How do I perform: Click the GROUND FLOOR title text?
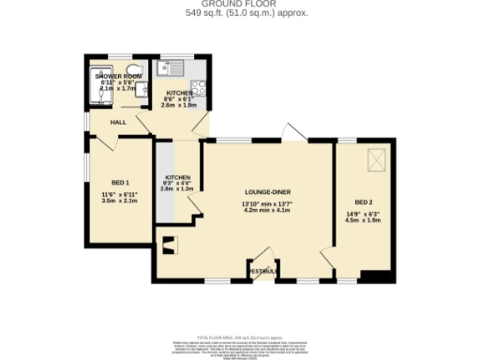(240, 5)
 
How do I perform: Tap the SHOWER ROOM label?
(118, 76)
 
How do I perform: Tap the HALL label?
(118, 122)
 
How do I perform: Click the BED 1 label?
(121, 181)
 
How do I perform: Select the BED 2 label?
(365, 202)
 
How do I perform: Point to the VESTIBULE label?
(263, 271)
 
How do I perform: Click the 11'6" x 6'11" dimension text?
(121, 194)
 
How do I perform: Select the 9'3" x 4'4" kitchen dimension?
(178, 183)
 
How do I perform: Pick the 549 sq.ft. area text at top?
(240, 13)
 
